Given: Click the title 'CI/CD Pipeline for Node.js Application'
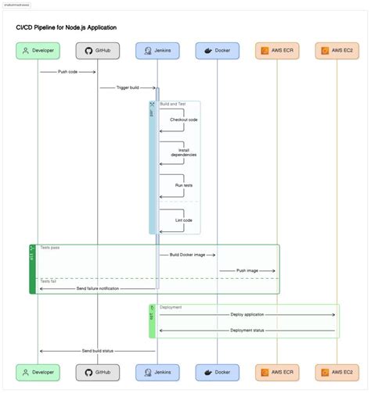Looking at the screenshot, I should (x=67, y=27).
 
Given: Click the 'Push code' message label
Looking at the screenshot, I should (x=68, y=72).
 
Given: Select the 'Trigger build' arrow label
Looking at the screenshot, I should (x=127, y=88).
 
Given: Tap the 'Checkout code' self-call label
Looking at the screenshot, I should (x=184, y=120).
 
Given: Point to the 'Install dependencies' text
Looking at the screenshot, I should (x=184, y=152).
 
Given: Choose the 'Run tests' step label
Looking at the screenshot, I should (x=184, y=187).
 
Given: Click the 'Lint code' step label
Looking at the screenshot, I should (x=184, y=220).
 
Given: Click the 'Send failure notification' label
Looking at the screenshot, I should (x=98, y=288).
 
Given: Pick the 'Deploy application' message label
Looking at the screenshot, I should (x=247, y=314).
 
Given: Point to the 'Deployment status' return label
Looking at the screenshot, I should (x=247, y=330).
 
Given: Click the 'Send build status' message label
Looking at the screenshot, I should (x=98, y=351).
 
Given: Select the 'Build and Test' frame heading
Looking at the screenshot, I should (x=173, y=104).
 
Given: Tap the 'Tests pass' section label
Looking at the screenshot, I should (x=50, y=248).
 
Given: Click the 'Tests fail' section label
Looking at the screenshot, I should (x=49, y=281).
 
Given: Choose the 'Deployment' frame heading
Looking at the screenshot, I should (x=171, y=307).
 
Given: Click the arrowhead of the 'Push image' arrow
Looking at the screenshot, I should (x=274, y=270).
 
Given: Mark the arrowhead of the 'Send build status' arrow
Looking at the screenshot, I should (x=41, y=351).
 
